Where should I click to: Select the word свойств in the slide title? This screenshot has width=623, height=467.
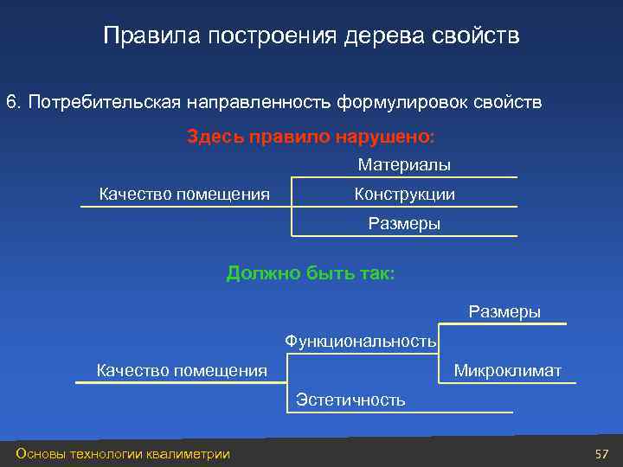click(477, 36)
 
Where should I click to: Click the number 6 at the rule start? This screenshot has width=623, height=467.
click(11, 103)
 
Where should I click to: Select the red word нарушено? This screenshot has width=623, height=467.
click(393, 137)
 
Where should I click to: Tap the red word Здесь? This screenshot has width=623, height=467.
click(215, 137)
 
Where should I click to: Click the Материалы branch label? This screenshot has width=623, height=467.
click(404, 164)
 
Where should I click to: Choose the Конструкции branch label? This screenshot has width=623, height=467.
click(404, 195)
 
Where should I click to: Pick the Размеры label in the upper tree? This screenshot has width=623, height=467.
click(404, 224)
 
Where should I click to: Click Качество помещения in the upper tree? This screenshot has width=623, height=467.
click(184, 194)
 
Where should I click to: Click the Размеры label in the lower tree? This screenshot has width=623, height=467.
click(504, 311)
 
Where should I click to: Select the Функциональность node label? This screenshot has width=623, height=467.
click(361, 342)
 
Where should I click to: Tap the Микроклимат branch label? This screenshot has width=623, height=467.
click(508, 371)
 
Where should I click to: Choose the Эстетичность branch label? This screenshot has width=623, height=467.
click(350, 400)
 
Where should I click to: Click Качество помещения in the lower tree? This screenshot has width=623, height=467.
click(182, 371)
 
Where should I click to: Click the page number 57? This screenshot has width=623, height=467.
click(602, 454)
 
